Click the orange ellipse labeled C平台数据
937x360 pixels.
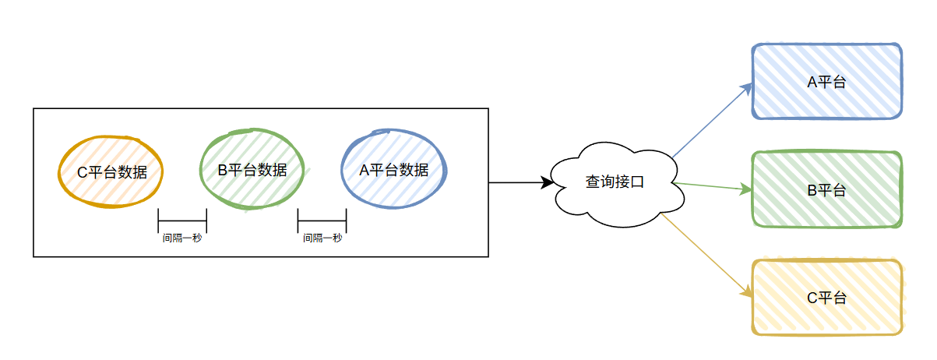[x=111, y=172]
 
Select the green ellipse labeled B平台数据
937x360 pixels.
[x=251, y=169]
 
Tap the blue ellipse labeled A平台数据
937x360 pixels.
[x=394, y=170]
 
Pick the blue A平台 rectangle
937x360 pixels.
[x=826, y=82]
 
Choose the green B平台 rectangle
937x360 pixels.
[x=826, y=189]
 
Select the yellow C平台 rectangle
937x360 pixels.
[x=826, y=297]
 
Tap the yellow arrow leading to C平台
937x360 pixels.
[x=709, y=256]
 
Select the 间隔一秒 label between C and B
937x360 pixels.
[x=182, y=238]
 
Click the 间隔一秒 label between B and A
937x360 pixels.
[x=322, y=238]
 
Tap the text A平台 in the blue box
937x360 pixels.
[x=826, y=82]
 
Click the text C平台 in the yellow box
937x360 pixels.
[x=826, y=297]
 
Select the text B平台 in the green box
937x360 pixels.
[x=826, y=189]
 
